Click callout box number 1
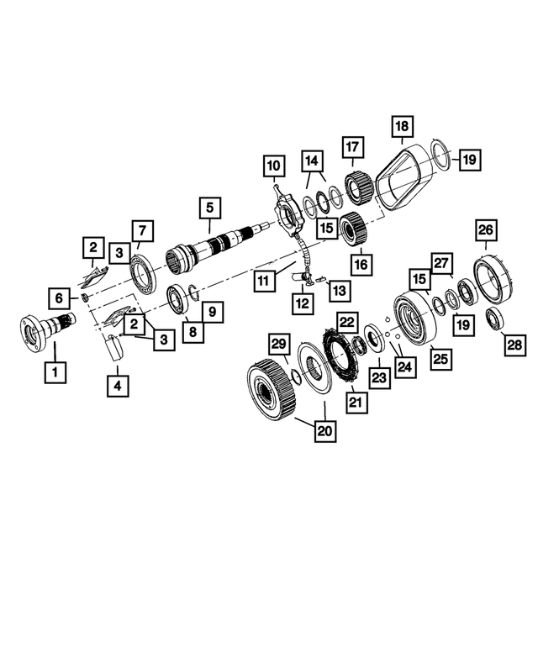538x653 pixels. [x=55, y=370]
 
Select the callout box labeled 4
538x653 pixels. [x=118, y=386]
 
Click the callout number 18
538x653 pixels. [x=402, y=128]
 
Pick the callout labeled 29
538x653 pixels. [x=279, y=344]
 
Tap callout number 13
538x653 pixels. [x=338, y=289]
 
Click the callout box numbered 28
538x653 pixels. [x=512, y=344]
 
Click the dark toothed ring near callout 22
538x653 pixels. [x=341, y=354]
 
